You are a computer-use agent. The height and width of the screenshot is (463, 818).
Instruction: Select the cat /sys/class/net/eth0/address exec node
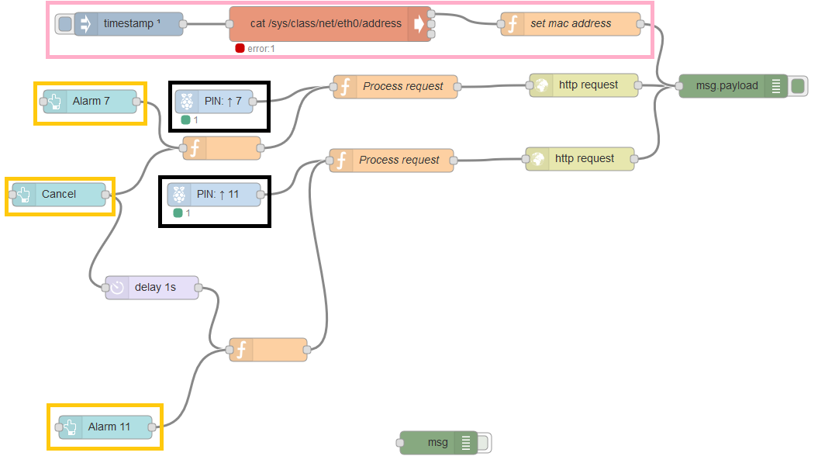coord(326,24)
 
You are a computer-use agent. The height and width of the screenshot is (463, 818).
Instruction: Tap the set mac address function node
coord(571,24)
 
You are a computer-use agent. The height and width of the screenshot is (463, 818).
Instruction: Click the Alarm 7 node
coord(91,102)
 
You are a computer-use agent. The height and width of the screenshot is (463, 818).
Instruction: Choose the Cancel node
coord(59,195)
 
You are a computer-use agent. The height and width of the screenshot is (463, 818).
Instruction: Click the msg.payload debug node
coord(727,86)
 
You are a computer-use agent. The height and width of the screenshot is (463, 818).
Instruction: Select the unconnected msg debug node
coord(438,443)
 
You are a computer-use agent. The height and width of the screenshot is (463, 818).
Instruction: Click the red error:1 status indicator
coord(240,48)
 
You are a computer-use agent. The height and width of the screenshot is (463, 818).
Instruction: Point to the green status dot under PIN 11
coord(178,212)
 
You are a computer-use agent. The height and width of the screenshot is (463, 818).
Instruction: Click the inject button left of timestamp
coord(65,24)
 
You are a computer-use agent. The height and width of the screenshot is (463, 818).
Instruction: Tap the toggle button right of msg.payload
coord(798,86)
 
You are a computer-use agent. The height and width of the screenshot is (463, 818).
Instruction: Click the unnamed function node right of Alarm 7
coord(223,147)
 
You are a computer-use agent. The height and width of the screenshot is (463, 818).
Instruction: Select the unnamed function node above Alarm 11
coord(268,350)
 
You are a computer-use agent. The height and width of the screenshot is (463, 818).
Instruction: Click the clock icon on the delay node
coord(117,288)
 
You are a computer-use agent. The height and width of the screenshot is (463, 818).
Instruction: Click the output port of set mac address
coord(640,24)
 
